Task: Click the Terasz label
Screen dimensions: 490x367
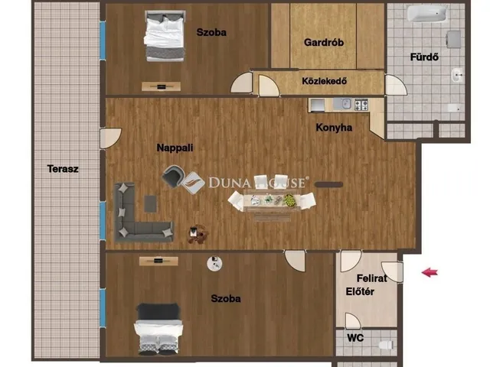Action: (63, 169)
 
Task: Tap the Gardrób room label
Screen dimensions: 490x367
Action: (324, 42)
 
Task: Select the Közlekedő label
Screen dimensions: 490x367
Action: (325, 81)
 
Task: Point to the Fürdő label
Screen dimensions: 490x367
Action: (424, 57)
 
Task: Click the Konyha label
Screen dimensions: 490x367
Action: (334, 128)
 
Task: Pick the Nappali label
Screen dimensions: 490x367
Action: (175, 148)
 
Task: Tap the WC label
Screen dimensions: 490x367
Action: (355, 338)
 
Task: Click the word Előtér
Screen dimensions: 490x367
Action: (360, 291)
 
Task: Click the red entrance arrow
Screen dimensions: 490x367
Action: (430, 272)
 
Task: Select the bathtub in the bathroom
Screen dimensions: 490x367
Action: (426, 14)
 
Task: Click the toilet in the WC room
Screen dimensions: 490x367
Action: (386, 345)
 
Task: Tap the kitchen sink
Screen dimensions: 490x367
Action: (343, 104)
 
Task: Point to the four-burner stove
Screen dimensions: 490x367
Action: (361, 105)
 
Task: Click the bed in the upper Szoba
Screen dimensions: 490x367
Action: (165, 36)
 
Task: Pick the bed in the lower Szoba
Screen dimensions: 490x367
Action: (158, 330)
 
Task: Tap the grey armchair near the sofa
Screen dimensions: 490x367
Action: (172, 177)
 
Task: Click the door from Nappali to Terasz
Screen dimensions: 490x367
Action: (110, 138)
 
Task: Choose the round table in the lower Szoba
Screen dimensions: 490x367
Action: (214, 264)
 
